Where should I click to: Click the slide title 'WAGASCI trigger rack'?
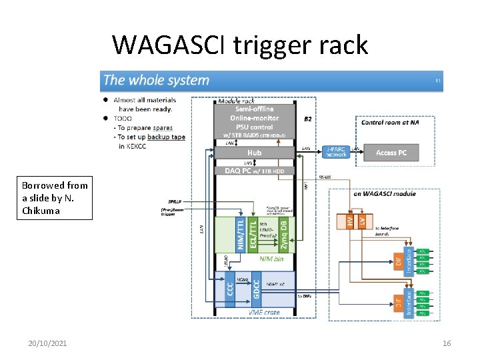click(240, 45)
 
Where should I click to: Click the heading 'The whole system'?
click(157, 81)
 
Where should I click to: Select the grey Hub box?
click(254, 153)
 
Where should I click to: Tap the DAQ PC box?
click(254, 171)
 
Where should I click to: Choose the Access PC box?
click(391, 153)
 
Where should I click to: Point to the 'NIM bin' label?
click(271, 258)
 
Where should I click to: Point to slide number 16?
click(446, 343)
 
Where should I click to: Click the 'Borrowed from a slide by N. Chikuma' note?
click(55, 198)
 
